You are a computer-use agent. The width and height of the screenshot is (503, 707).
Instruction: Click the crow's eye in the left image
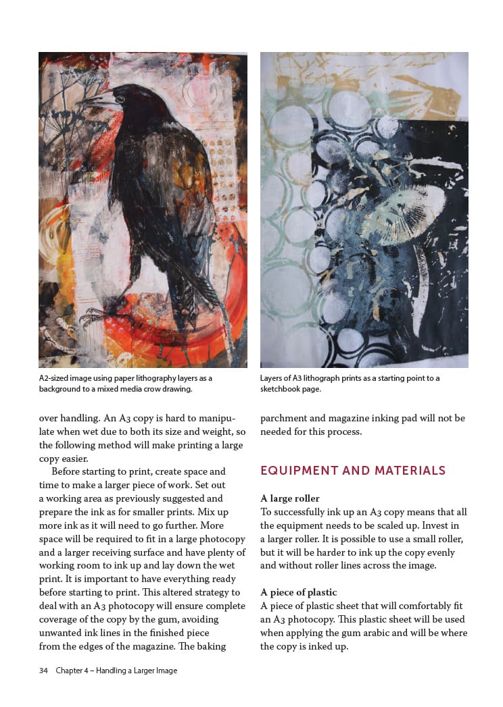point(119,99)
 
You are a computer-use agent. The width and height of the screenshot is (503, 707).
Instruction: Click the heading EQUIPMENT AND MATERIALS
point(353,471)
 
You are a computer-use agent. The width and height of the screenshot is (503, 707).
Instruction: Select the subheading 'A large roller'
point(290,499)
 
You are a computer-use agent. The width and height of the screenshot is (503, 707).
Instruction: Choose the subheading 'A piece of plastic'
point(298,592)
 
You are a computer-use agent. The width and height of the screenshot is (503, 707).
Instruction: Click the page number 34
point(43,671)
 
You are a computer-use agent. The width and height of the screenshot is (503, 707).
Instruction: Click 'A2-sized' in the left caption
point(55,378)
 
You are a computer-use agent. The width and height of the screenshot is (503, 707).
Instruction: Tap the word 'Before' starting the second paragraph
point(66,471)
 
